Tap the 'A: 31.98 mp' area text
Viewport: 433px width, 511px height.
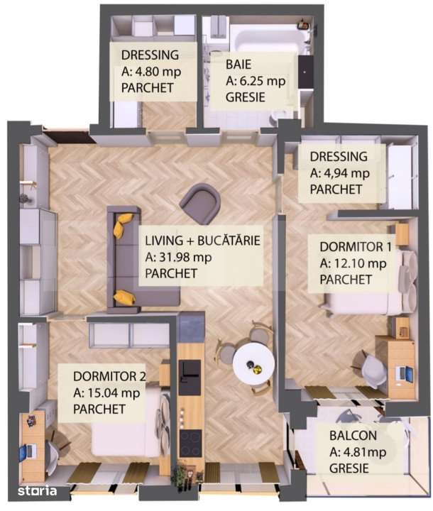pos(178,257)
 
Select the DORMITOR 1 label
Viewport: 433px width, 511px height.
pos(356,248)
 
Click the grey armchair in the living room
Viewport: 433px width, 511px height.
pos(200,203)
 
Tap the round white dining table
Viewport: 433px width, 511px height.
pos(253,363)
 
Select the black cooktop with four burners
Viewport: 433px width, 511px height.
pos(190,444)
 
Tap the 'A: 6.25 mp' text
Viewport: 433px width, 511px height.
pos(256,81)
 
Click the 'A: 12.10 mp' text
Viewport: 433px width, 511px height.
pos(353,263)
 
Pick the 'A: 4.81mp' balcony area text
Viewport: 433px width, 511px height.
pos(358,452)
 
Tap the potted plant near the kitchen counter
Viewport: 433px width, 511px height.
pos(180,475)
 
